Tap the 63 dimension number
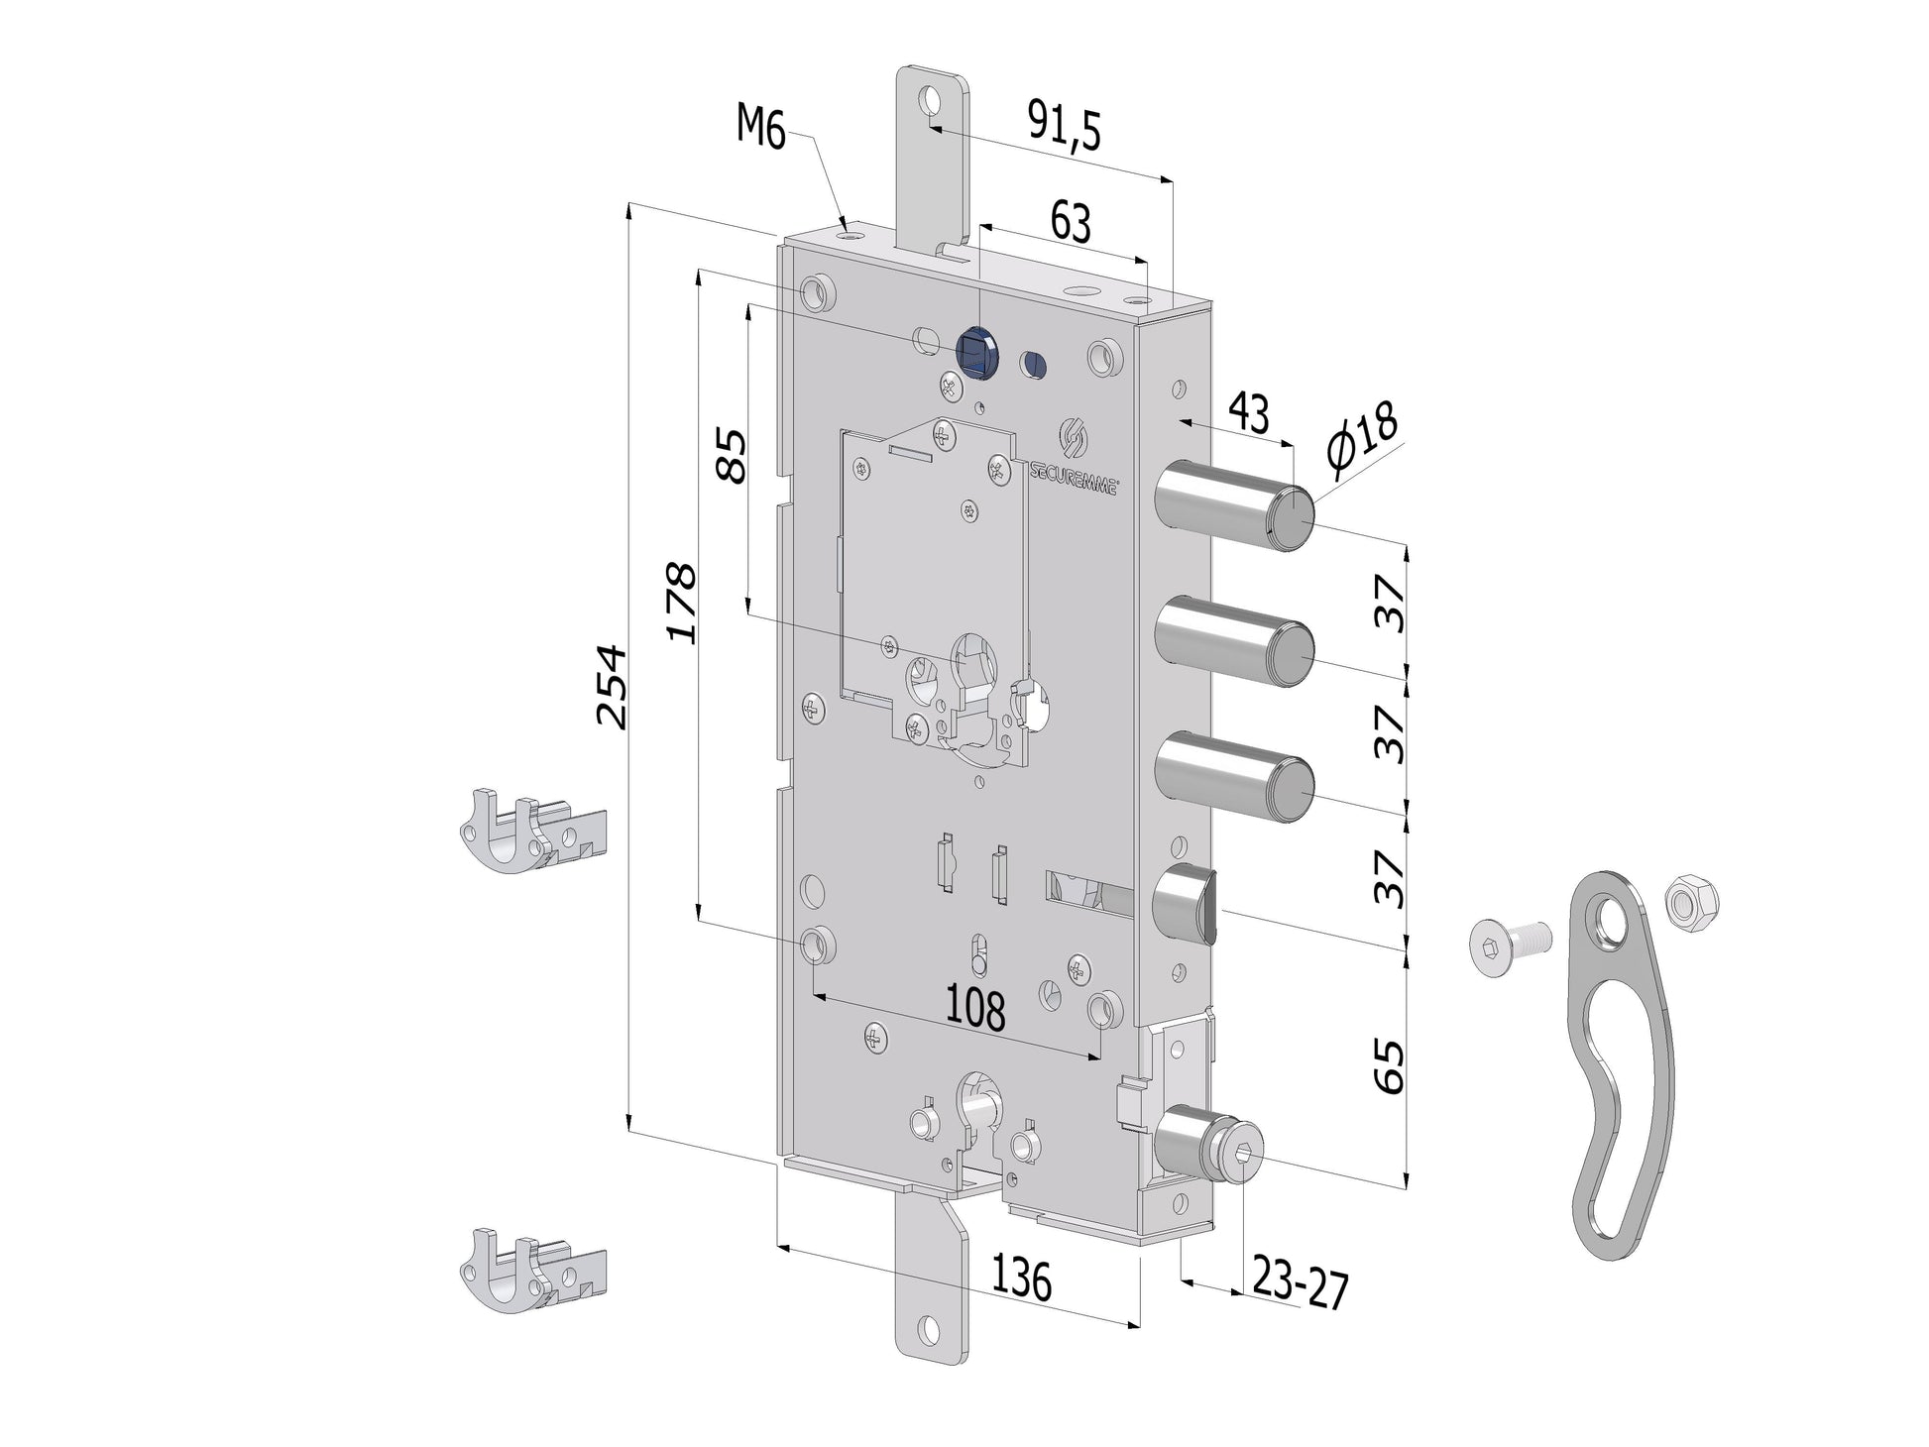click(1071, 222)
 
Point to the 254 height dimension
click(611, 687)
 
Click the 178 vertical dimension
click(681, 603)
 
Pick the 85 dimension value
click(731, 455)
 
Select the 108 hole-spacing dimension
click(975, 1009)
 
